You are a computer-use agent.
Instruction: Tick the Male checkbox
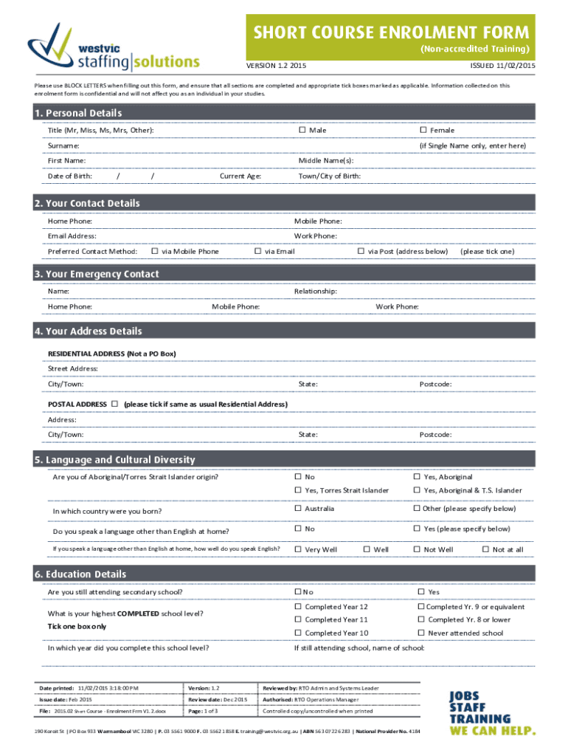tap(302, 131)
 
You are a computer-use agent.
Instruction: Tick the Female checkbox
tap(423, 131)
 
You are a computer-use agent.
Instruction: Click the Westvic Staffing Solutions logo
tap(114, 49)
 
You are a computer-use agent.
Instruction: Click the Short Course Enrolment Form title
tap(392, 32)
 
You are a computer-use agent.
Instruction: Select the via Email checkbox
tap(258, 252)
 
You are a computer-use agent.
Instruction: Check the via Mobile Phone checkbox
tap(155, 252)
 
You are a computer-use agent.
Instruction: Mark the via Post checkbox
tap(361, 252)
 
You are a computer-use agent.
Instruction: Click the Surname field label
tap(64, 145)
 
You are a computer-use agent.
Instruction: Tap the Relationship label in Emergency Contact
tap(316, 292)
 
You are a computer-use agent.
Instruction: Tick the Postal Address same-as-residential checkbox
tap(115, 404)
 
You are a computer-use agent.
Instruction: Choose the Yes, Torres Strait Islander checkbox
tap(298, 490)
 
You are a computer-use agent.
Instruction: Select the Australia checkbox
tap(298, 509)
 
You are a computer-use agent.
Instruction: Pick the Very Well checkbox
tap(298, 549)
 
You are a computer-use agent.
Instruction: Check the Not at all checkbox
tap(485, 549)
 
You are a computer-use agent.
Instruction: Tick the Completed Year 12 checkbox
tap(298, 607)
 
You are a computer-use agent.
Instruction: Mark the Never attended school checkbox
tap(421, 633)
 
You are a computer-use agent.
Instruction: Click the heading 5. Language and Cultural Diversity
tap(114, 460)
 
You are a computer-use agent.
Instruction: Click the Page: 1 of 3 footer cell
tap(203, 711)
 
